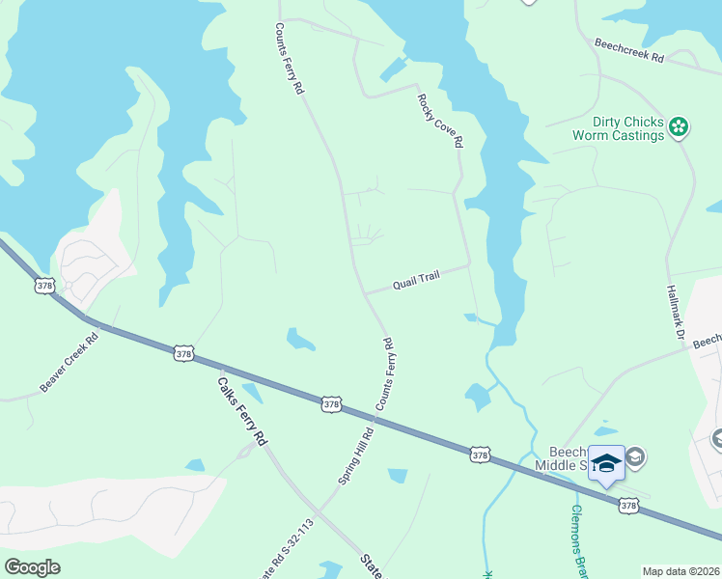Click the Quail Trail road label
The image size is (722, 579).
click(x=416, y=280)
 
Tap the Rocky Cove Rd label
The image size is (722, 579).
click(x=440, y=121)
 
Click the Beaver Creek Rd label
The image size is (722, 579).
click(x=70, y=362)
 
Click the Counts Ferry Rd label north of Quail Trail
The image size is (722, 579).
click(x=290, y=59)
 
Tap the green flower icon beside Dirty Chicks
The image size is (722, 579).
click(x=679, y=126)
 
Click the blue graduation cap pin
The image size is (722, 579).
click(x=606, y=464)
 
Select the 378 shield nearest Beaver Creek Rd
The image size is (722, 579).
click(x=44, y=286)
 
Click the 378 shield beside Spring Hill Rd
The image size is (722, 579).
click(x=331, y=404)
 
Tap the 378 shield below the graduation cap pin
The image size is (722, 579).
click(x=628, y=505)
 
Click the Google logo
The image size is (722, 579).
click(x=32, y=566)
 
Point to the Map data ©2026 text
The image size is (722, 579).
click(x=680, y=571)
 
